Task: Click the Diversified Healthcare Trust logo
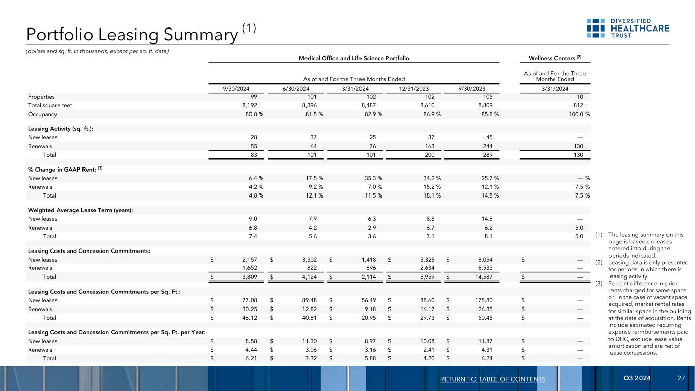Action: click(627, 28)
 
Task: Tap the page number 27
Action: click(681, 379)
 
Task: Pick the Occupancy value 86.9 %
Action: click(430, 114)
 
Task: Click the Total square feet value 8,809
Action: click(489, 105)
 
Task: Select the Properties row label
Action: click(41, 97)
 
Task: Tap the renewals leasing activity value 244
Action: click(493, 146)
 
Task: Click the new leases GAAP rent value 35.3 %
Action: click(371, 178)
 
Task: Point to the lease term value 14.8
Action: click(492, 219)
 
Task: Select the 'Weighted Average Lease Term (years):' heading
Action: click(80, 210)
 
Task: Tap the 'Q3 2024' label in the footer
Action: click(636, 379)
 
